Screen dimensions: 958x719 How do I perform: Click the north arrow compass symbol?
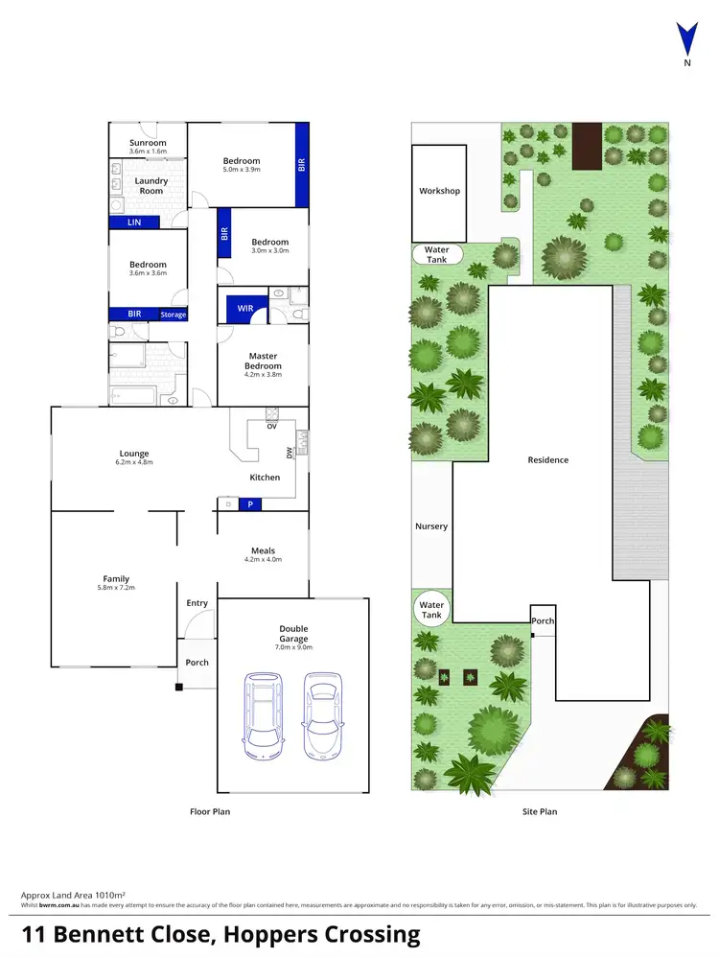pos(686,41)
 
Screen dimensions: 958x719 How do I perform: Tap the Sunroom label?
pos(148,143)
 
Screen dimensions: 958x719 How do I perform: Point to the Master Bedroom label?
pos(263,361)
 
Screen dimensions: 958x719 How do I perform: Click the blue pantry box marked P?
pos(251,503)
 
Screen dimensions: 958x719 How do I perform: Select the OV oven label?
pos(271,426)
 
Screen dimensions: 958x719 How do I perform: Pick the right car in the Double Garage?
pos(322,714)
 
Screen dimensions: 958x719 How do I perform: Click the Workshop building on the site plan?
pos(439,192)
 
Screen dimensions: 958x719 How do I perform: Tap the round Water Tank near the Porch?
pos(432,610)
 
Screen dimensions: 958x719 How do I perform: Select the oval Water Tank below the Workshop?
pos(436,254)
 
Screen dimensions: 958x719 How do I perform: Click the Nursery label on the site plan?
pos(431,526)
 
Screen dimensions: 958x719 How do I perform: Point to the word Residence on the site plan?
pos(548,460)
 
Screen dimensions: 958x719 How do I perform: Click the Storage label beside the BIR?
pos(174,315)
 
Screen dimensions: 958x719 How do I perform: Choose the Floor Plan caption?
pos(209,811)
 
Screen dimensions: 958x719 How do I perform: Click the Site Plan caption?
pos(540,811)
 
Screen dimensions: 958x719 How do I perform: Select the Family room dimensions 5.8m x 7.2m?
pos(116,588)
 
